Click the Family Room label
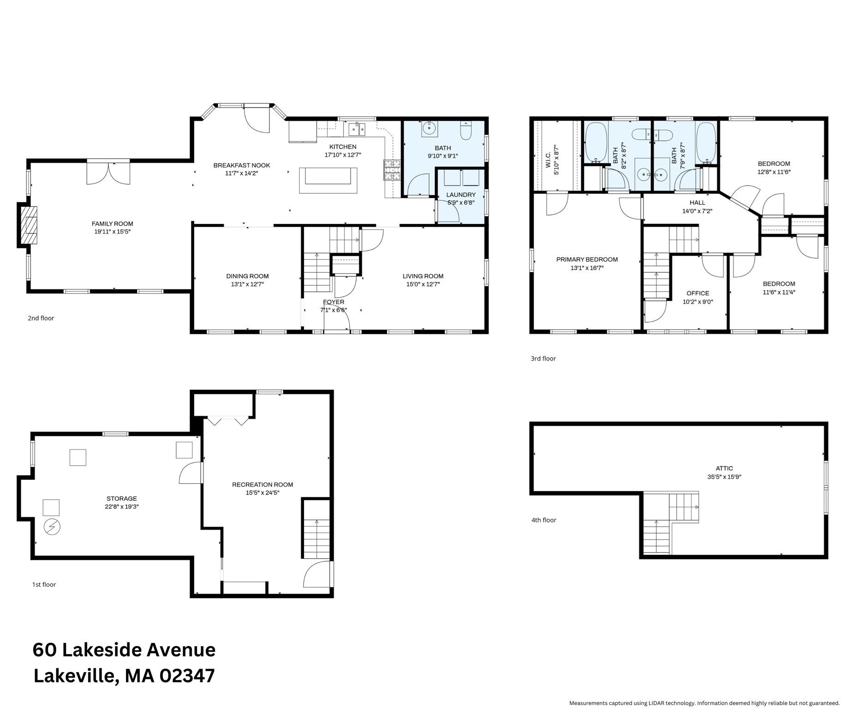coord(112,224)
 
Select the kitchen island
coord(328,180)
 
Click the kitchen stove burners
coord(392,169)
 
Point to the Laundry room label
coord(460,195)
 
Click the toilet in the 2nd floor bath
coord(466,131)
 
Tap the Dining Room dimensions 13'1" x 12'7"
coord(247,284)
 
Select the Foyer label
coord(333,302)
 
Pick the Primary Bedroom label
coord(587,259)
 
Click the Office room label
coord(697,293)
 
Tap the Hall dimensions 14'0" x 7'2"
coord(697,211)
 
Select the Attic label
coord(724,468)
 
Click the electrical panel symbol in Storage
coord(52,527)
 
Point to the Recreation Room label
coord(262,485)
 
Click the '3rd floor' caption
coord(543,359)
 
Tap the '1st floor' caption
coord(44,584)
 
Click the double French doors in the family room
coord(108,173)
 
